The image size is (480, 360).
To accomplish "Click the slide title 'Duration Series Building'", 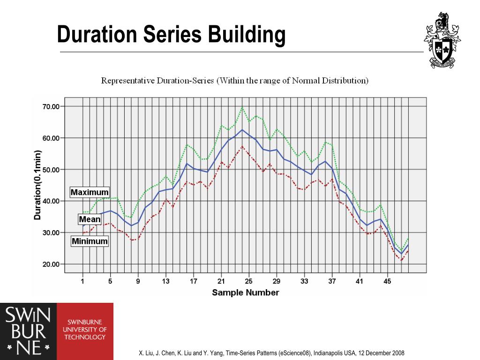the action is pos(171,34).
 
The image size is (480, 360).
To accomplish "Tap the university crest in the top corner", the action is pos(442,40).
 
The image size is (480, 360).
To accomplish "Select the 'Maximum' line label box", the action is pos(90,192).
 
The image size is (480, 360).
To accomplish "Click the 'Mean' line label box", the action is pos(90,219).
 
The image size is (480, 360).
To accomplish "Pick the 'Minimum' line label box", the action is pos(90,241).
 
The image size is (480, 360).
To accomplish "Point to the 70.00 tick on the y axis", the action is pos(51,106).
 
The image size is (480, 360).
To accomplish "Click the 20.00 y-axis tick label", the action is pos(51,264).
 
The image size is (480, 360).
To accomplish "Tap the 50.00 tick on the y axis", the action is pos(51,170).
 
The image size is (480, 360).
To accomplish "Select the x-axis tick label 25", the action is pos(248,281).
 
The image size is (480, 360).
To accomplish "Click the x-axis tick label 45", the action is pos(387,281).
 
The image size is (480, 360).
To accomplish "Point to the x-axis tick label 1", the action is pos(82,281).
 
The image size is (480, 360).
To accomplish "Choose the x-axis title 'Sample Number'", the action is pos(246,292).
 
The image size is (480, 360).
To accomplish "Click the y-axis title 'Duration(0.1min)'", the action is pos(37,185).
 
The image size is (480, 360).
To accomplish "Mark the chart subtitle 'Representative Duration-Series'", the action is pos(157,81).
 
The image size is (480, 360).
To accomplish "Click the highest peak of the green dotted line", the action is pos(242,107).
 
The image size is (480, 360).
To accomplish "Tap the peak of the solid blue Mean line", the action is pos(242,130).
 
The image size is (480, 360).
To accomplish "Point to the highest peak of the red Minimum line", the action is pos(242,146).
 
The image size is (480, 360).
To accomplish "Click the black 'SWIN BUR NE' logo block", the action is pos(29,331).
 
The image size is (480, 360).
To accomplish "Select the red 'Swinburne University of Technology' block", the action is pos(85,331).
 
